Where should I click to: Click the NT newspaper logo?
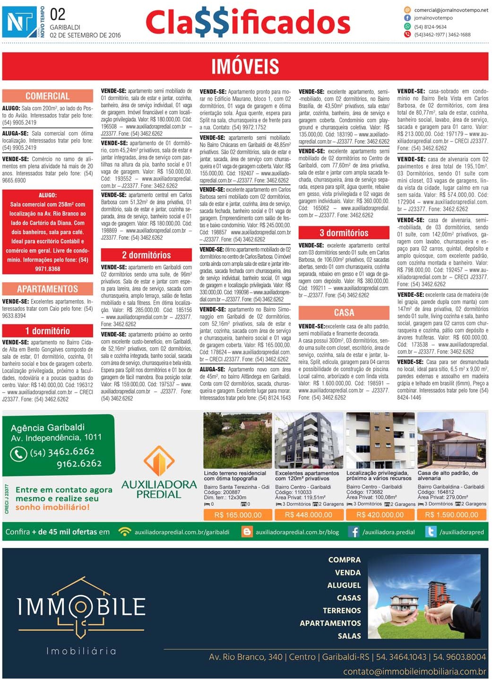tap(20, 22)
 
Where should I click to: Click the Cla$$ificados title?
tap(248, 23)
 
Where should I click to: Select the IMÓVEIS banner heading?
tap(245, 67)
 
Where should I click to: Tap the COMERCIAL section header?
tap(48, 96)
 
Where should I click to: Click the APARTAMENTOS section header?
tap(48, 289)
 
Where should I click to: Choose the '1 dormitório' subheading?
tap(48, 331)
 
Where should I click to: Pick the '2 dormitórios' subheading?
tap(146, 255)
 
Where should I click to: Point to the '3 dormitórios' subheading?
tap(344, 233)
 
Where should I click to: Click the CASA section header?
tap(344, 312)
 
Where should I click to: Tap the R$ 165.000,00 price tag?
tap(238, 515)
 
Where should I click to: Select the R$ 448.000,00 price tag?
tap(309, 515)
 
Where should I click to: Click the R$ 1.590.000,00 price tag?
tap(451, 515)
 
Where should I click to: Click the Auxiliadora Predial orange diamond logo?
tap(159, 461)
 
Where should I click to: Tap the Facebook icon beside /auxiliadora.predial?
tap(353, 532)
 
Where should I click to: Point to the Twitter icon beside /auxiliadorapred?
tap(431, 532)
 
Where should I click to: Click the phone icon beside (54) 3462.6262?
tap(18, 454)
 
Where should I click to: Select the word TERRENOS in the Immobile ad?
tap(341, 611)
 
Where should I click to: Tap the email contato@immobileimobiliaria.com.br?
tap(414, 672)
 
